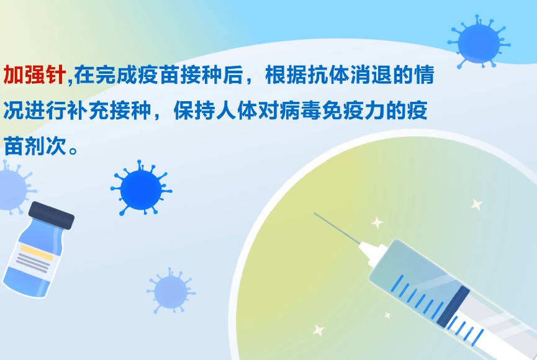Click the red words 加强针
(x=35, y=74)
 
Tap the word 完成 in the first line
(x=106, y=74)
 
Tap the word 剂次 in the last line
(x=45, y=146)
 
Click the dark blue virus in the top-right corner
(x=479, y=42)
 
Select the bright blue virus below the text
(x=141, y=188)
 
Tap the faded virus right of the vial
(x=171, y=292)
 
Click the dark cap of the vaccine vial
(x=52, y=215)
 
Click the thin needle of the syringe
(x=337, y=228)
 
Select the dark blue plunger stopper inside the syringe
(x=453, y=307)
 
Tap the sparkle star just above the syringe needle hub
(x=377, y=223)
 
